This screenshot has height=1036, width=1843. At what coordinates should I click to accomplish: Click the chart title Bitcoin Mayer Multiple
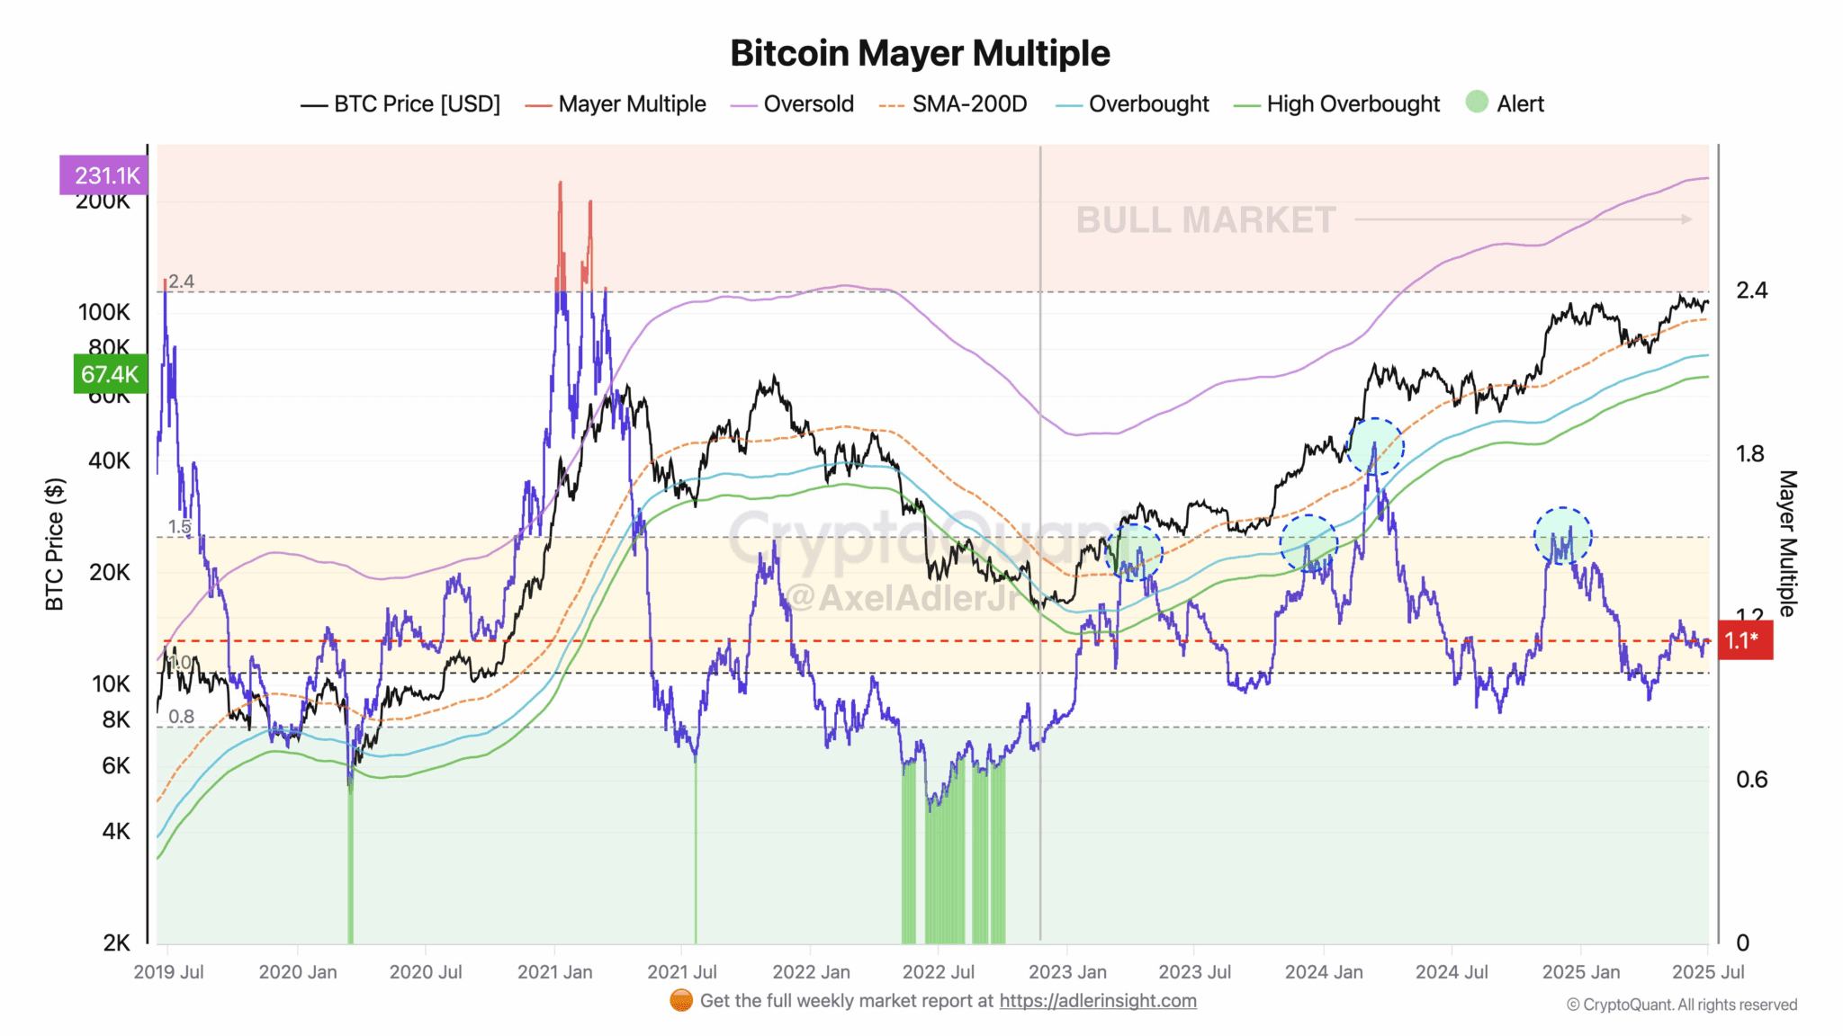[920, 53]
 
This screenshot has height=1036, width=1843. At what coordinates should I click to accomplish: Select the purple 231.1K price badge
[103, 175]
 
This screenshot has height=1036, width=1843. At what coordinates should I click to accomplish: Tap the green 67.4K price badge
[110, 374]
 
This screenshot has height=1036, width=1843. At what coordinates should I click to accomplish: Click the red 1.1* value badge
[1744, 640]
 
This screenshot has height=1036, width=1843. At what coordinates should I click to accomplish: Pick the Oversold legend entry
[807, 104]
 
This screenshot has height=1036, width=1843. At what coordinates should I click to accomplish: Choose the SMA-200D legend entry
[968, 104]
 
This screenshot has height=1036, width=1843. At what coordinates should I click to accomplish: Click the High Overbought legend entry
[1352, 104]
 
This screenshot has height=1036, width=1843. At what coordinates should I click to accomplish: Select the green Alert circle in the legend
[1477, 102]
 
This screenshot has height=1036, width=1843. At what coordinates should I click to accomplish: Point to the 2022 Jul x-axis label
[938, 972]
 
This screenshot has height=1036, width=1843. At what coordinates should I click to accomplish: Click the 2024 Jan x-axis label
[1323, 972]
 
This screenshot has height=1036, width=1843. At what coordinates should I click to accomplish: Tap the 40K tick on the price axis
[109, 460]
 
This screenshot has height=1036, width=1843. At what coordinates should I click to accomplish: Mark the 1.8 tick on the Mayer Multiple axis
[1750, 454]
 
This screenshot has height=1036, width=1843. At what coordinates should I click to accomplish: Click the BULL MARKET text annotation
[1205, 220]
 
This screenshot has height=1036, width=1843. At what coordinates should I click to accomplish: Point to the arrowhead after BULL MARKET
[1686, 219]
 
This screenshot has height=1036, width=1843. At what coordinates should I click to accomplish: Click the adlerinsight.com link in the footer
[1097, 1001]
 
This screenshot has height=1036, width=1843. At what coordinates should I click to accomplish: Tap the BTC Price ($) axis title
[55, 544]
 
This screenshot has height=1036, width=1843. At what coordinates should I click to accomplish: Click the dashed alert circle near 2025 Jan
[1562, 536]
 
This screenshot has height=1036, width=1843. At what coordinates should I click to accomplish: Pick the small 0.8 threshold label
[181, 717]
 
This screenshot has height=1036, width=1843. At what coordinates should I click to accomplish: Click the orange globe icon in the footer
[681, 1001]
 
